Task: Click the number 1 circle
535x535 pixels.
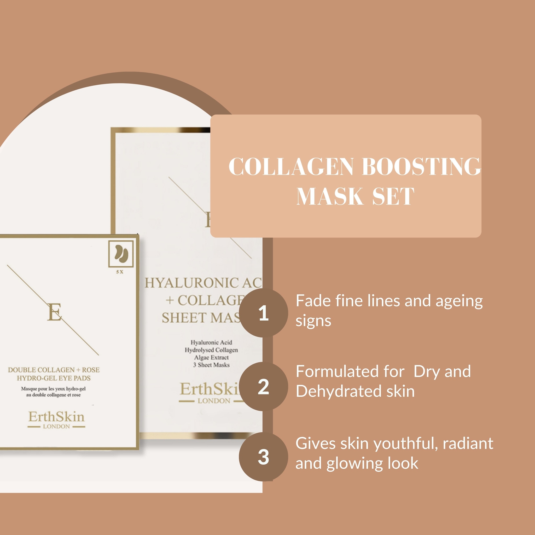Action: pyautogui.click(x=263, y=313)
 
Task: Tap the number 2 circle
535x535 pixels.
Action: pyautogui.click(x=263, y=387)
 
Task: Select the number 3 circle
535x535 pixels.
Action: pyautogui.click(x=263, y=457)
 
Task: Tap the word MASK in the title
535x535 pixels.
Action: pyautogui.click(x=329, y=196)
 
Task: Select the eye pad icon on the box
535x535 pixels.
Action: pyautogui.click(x=121, y=254)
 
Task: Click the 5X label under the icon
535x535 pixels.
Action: pyautogui.click(x=120, y=272)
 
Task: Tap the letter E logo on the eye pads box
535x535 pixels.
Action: pyautogui.click(x=54, y=312)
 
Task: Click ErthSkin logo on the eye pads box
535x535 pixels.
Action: pyautogui.click(x=56, y=416)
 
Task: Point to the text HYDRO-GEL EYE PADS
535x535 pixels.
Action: pyautogui.click(x=54, y=378)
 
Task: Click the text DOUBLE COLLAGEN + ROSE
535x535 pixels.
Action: pyautogui.click(x=54, y=370)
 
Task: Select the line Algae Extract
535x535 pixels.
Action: pyautogui.click(x=211, y=358)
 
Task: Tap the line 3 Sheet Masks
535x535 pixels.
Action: pyautogui.click(x=211, y=365)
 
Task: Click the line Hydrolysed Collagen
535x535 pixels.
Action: pyautogui.click(x=211, y=350)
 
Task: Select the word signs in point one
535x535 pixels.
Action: pyautogui.click(x=313, y=321)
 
